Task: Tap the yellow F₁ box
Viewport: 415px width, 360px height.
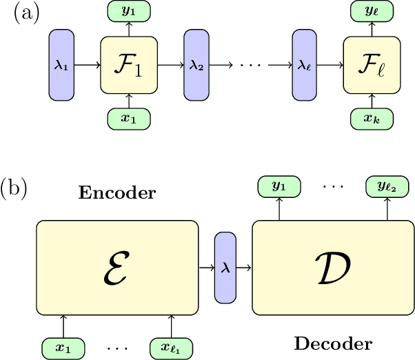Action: click(129, 66)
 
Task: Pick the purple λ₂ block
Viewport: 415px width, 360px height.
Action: click(196, 66)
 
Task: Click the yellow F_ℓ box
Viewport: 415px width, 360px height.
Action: click(372, 66)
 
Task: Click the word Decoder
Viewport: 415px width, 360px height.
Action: click(334, 343)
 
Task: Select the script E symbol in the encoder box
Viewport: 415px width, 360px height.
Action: click(117, 266)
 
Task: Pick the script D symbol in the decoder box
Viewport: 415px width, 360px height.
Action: click(333, 266)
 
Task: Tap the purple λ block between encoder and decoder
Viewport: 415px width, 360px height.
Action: click(225, 266)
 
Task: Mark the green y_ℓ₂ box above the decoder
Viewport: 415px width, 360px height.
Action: click(387, 186)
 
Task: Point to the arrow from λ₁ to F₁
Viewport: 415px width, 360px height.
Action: click(87, 66)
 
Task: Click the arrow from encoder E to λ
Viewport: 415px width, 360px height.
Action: click(206, 266)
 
